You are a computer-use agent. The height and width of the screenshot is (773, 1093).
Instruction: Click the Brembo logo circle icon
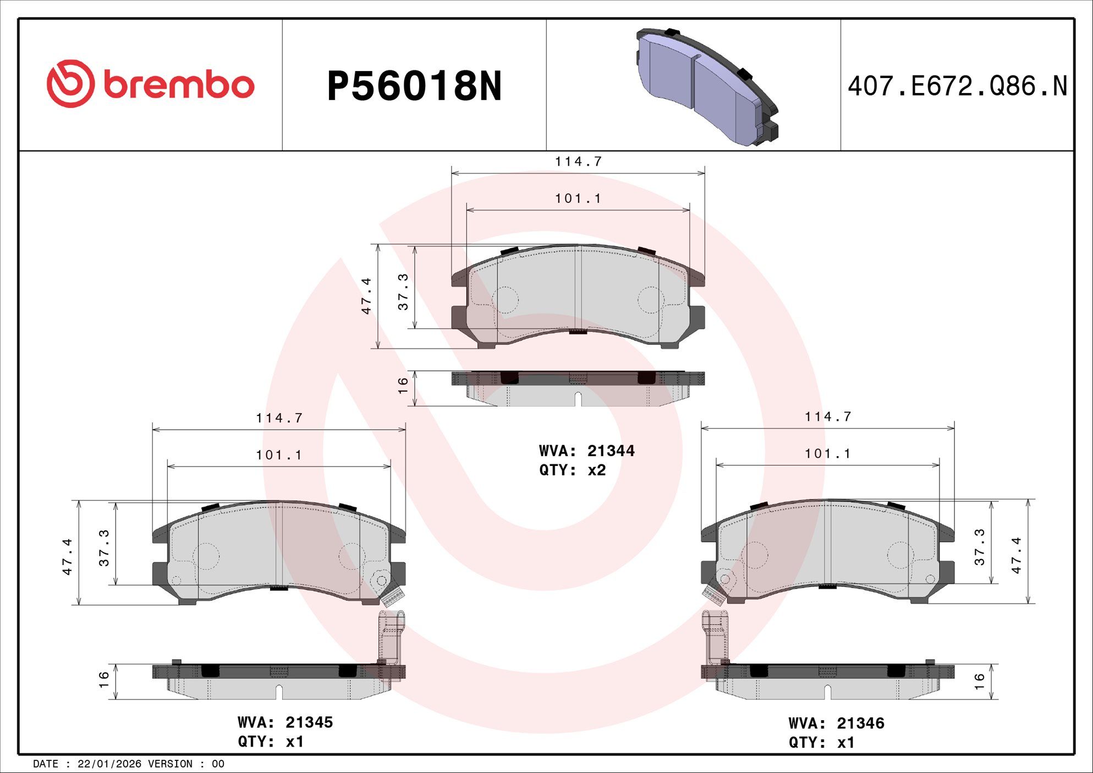70,84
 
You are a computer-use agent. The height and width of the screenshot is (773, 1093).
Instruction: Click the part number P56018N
414,86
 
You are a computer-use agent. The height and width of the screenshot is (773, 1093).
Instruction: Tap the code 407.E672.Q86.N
957,86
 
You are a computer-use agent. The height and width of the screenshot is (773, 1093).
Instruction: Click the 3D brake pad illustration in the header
707,86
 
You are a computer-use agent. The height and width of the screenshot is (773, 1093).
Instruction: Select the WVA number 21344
611,451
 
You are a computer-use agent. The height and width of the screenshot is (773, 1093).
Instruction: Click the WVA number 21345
309,722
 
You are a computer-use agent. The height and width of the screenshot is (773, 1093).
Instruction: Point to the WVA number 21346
860,723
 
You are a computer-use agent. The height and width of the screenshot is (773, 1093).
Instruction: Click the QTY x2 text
573,470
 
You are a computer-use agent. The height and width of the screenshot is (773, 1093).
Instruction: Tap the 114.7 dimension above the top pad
578,161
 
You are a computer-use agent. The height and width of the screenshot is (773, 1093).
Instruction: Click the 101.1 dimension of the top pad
578,198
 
